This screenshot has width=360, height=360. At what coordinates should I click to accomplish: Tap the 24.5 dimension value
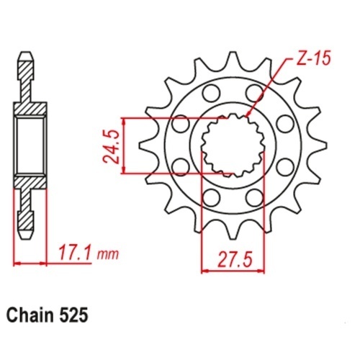112,146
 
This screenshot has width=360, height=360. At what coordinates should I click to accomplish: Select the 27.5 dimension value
235,260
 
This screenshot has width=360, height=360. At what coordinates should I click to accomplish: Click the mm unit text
107,255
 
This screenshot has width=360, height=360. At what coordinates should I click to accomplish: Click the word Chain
30,316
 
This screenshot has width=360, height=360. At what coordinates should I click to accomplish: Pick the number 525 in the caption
73,316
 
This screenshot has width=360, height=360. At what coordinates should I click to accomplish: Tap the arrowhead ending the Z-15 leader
248,114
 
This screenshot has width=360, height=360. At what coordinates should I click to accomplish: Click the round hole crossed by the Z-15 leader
254,92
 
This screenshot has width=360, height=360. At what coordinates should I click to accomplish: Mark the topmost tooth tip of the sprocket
232,53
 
